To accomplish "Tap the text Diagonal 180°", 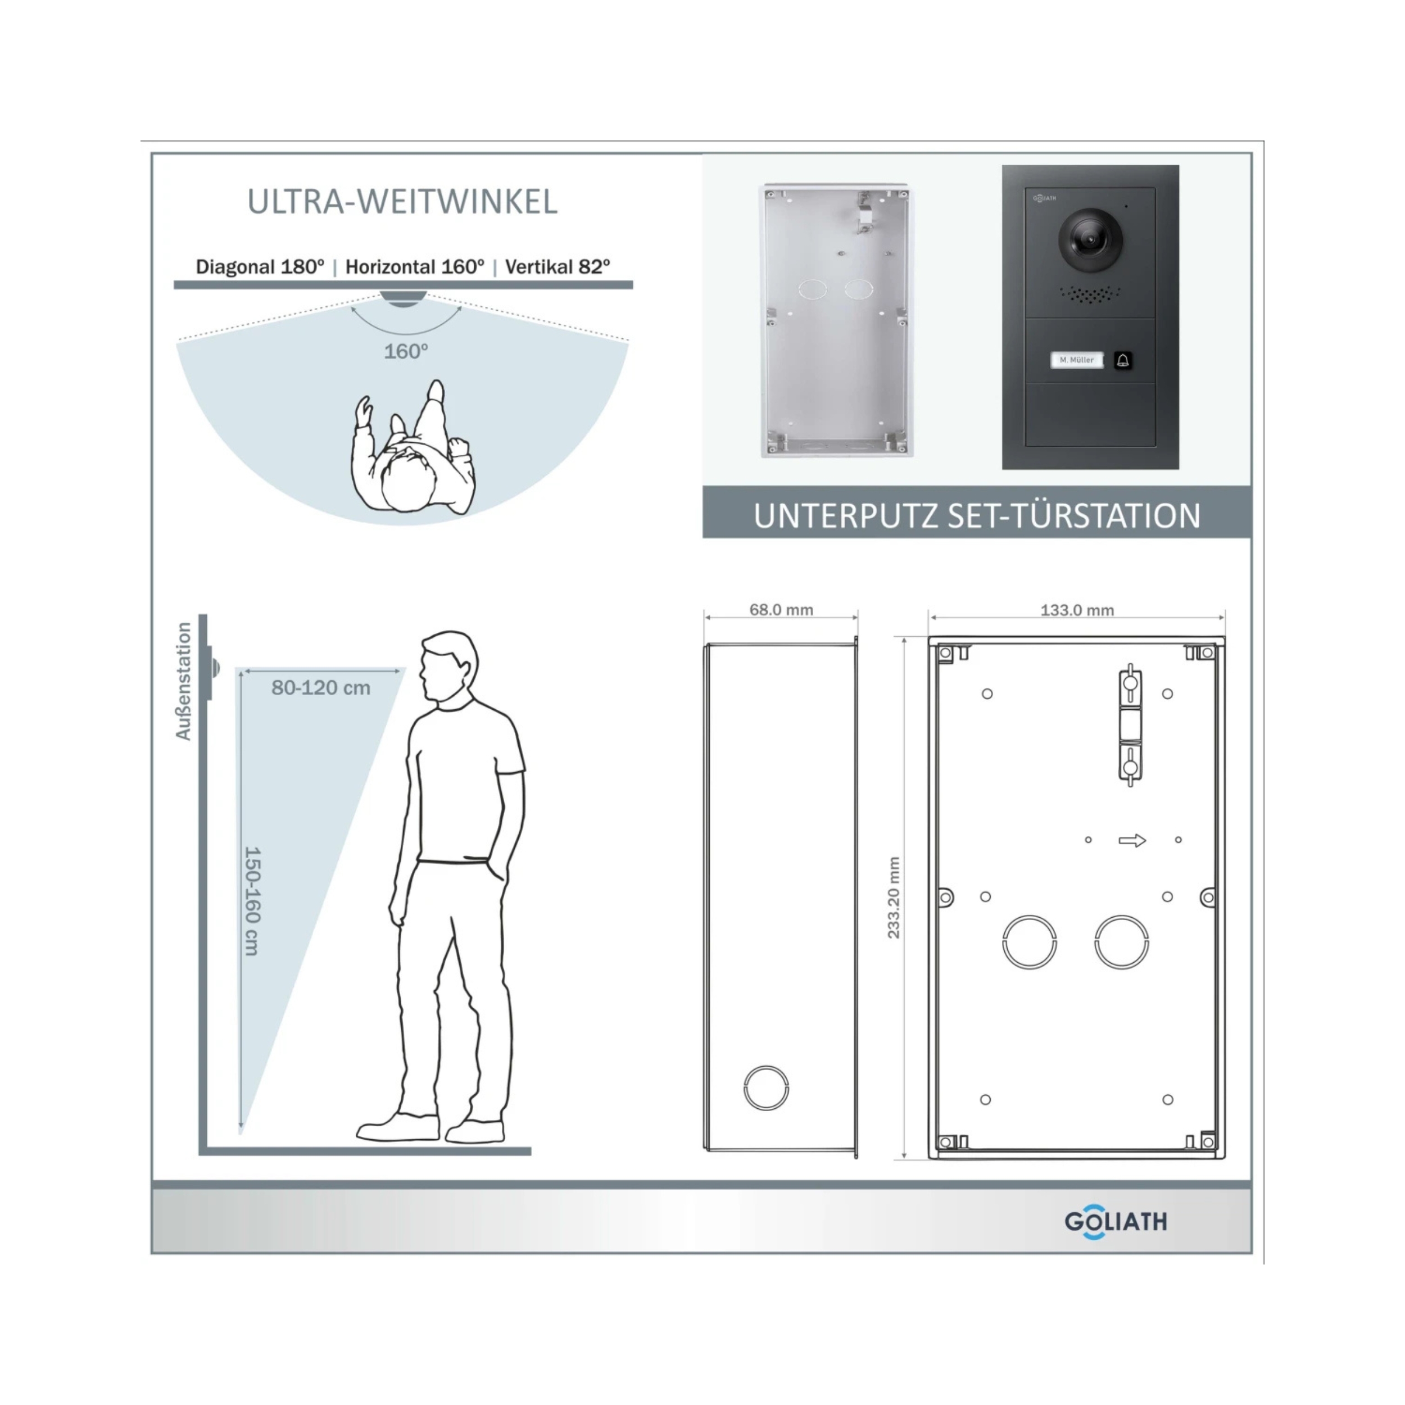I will (260, 267).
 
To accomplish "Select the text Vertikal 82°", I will (557, 267).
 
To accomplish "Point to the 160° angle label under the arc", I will (406, 351).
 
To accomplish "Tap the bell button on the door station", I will (1122, 360).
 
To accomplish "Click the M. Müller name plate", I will (1076, 360).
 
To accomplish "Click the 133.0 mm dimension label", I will (1077, 610).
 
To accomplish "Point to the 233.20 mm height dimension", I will (894, 898).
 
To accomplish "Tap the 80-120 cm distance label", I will (321, 687).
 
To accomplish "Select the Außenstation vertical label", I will (183, 681).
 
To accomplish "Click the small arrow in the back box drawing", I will (1131, 841).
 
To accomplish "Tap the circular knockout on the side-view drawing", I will (766, 1087).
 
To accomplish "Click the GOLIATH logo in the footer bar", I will (1116, 1221).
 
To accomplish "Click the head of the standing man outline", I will (448, 665).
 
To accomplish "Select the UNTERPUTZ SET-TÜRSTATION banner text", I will (977, 515).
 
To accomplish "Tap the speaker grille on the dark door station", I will (1089, 294).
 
